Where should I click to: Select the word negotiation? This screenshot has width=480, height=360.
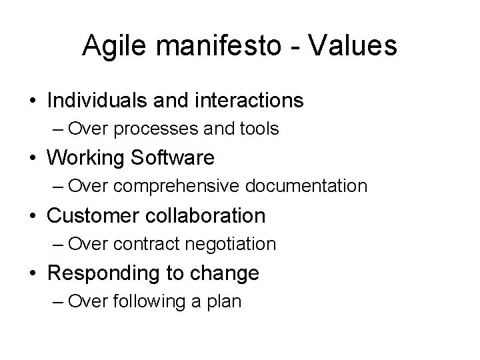pyautogui.click(x=228, y=244)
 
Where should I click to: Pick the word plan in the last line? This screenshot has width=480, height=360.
pyautogui.click(x=226, y=301)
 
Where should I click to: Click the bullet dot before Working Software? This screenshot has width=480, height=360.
pyautogui.click(x=32, y=159)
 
